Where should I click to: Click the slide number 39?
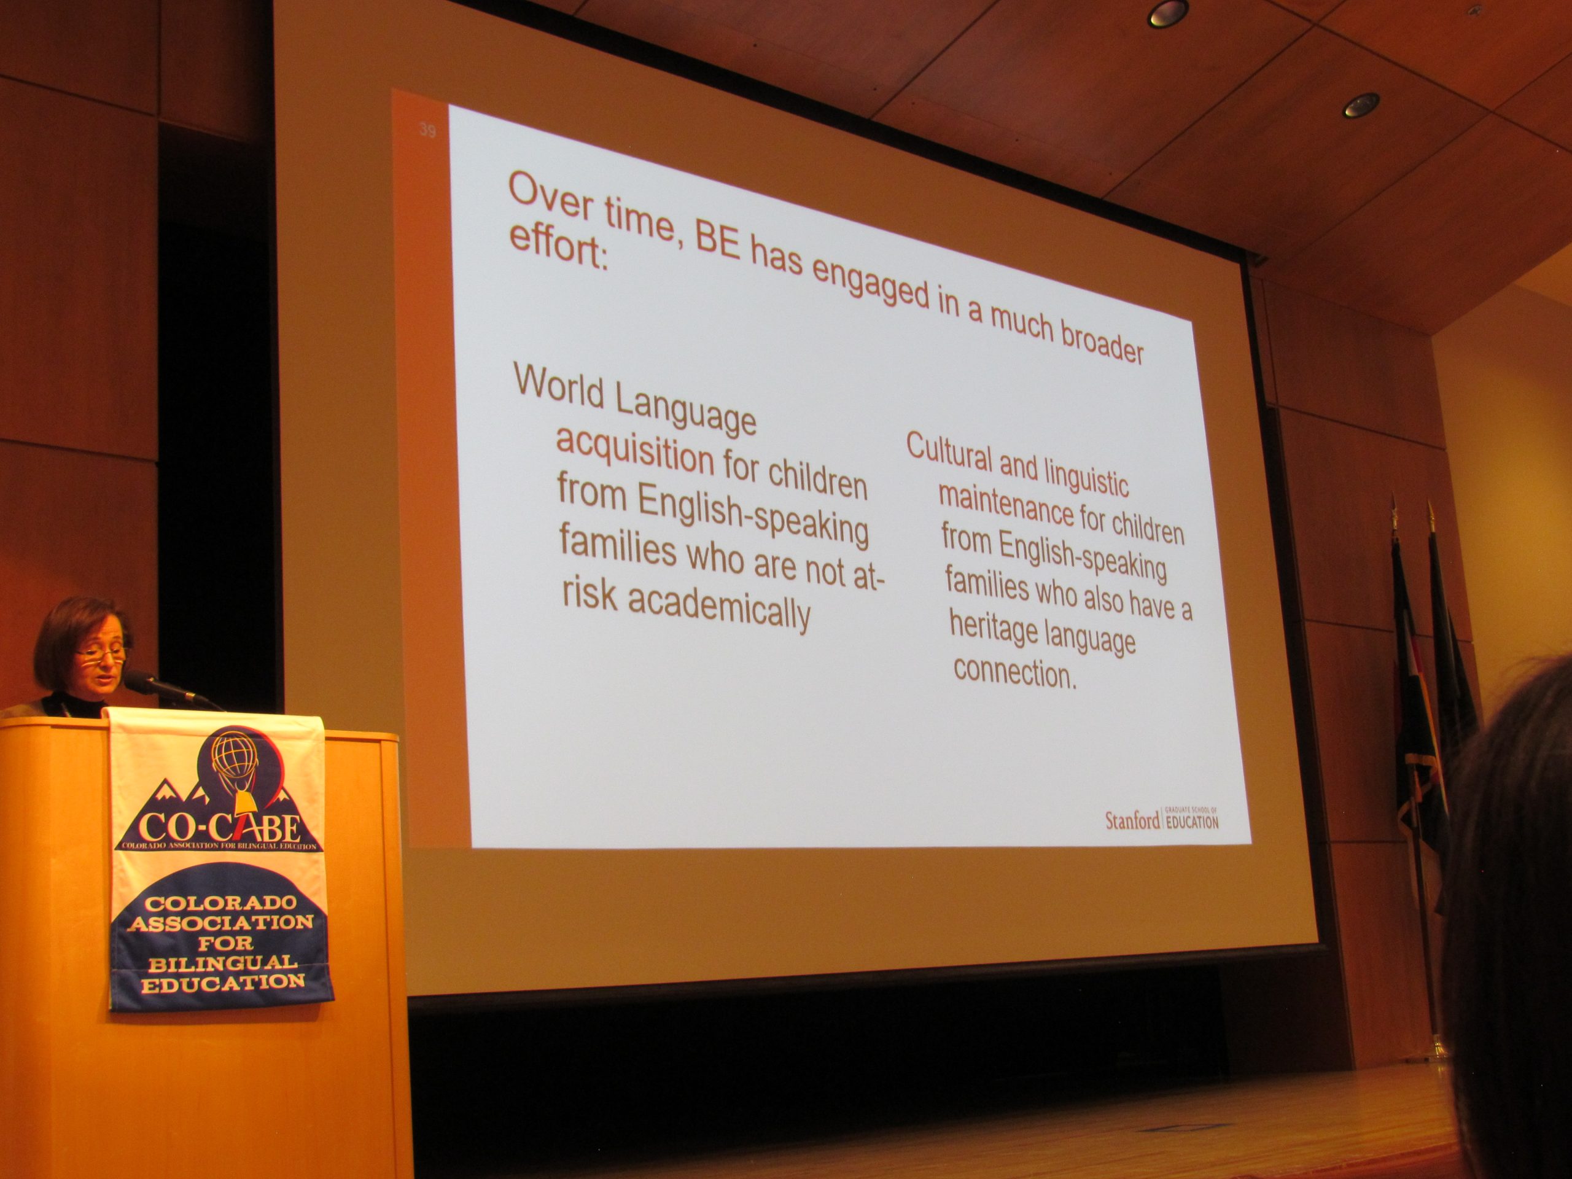click(x=427, y=130)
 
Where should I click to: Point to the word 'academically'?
click(x=718, y=613)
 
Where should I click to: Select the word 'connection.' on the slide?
click(x=1015, y=672)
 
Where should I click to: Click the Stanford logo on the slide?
click(x=1161, y=819)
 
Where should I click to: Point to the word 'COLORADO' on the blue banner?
click(x=220, y=904)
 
